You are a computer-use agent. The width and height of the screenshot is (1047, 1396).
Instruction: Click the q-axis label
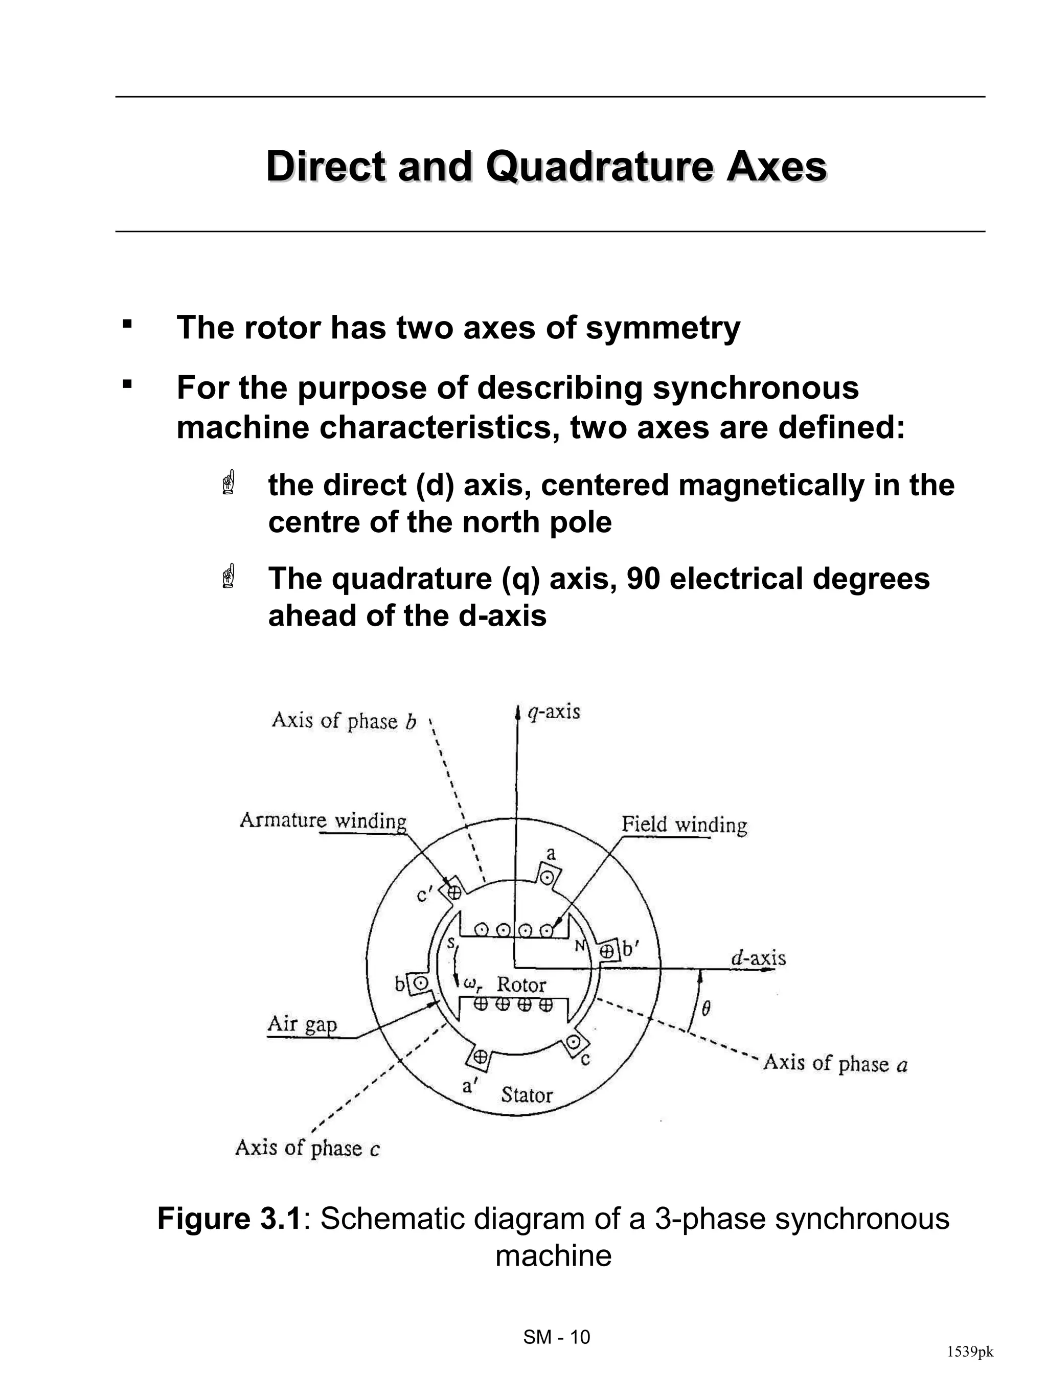click(x=554, y=713)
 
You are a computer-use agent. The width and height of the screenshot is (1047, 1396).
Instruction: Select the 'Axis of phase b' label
click(x=344, y=721)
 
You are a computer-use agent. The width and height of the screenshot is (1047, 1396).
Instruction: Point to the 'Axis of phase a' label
click(x=835, y=1064)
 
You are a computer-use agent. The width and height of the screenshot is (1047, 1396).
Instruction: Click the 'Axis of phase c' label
click(x=307, y=1148)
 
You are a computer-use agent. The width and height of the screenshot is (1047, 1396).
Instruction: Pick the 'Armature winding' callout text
click(x=323, y=821)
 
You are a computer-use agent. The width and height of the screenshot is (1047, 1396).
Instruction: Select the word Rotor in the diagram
click(x=521, y=985)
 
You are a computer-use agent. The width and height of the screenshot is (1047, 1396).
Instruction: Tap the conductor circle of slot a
click(x=548, y=877)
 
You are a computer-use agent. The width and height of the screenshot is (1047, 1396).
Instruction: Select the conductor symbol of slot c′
click(x=454, y=892)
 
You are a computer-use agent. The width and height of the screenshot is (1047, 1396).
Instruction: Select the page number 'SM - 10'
click(x=557, y=1337)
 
